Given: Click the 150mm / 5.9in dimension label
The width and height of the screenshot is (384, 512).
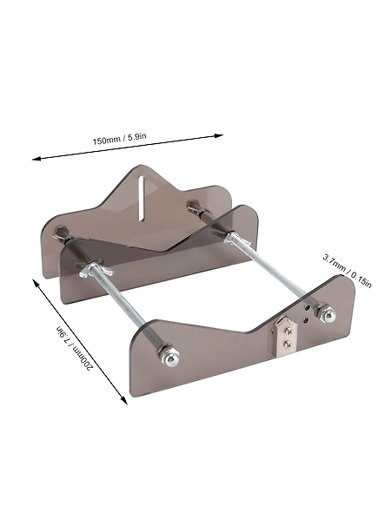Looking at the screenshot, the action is pyautogui.click(x=119, y=139).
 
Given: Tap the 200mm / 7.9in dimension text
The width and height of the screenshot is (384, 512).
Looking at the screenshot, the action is pyautogui.click(x=75, y=348).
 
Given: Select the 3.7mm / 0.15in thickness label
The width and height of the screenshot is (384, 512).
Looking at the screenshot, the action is pyautogui.click(x=347, y=271).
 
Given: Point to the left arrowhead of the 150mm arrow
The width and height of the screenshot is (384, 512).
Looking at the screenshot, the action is pyautogui.click(x=36, y=159).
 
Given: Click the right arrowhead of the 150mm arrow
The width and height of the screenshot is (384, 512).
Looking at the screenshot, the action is pyautogui.click(x=219, y=135).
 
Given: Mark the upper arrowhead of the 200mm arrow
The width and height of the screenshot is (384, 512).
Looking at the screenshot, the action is pyautogui.click(x=36, y=282).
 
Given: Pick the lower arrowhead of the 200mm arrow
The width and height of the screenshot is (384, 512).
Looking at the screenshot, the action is pyautogui.click(x=123, y=400).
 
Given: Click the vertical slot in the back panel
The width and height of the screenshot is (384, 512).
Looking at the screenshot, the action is pyautogui.click(x=141, y=198).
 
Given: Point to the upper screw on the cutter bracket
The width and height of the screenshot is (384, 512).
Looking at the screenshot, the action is pyautogui.click(x=288, y=331).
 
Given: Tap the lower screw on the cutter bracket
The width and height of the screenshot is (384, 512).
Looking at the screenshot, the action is pyautogui.click(x=287, y=344).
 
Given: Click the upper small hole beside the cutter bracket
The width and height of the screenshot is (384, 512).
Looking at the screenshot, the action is pyautogui.click(x=307, y=307).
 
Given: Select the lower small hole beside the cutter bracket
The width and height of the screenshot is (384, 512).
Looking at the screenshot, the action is pyautogui.click(x=305, y=320).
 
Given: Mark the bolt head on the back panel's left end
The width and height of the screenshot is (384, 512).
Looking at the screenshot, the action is pyautogui.click(x=60, y=232).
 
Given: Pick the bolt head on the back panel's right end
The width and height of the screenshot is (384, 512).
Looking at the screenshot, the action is pyautogui.click(x=191, y=206).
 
